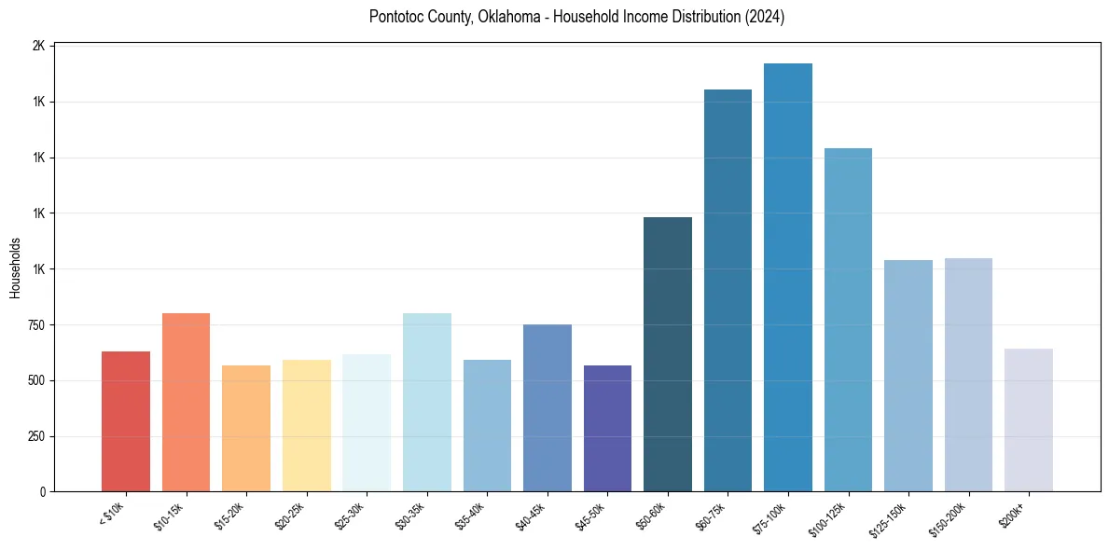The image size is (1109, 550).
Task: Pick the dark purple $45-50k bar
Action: click(x=607, y=429)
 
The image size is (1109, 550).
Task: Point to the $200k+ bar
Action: click(x=1029, y=420)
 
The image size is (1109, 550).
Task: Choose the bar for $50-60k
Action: click(x=668, y=354)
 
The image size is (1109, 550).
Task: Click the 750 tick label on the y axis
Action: click(x=35, y=325)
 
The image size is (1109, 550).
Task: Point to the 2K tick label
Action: click(x=38, y=46)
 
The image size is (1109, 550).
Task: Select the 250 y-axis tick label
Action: click(x=35, y=436)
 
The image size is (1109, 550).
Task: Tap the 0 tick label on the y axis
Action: click(x=42, y=492)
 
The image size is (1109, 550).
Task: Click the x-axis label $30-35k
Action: click(x=409, y=516)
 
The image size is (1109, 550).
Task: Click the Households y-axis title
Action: click(x=15, y=268)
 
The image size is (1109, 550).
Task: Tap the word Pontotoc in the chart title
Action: click(x=399, y=17)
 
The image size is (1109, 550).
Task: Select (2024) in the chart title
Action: click(x=764, y=17)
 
